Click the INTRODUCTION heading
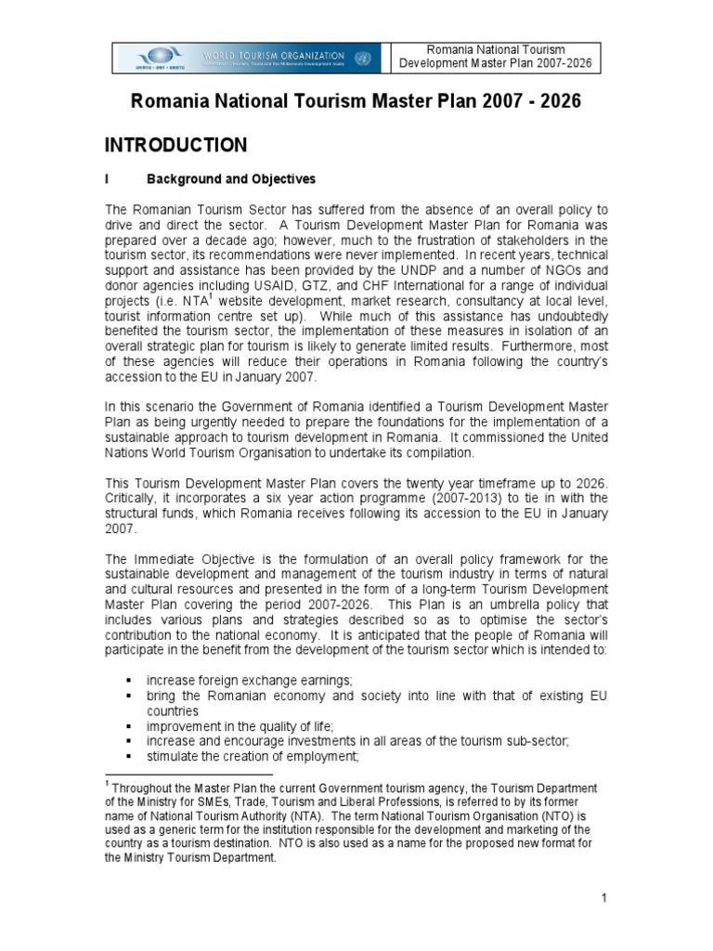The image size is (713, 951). (x=175, y=145)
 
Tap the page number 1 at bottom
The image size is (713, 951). (x=603, y=897)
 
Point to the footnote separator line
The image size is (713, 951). (x=188, y=774)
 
